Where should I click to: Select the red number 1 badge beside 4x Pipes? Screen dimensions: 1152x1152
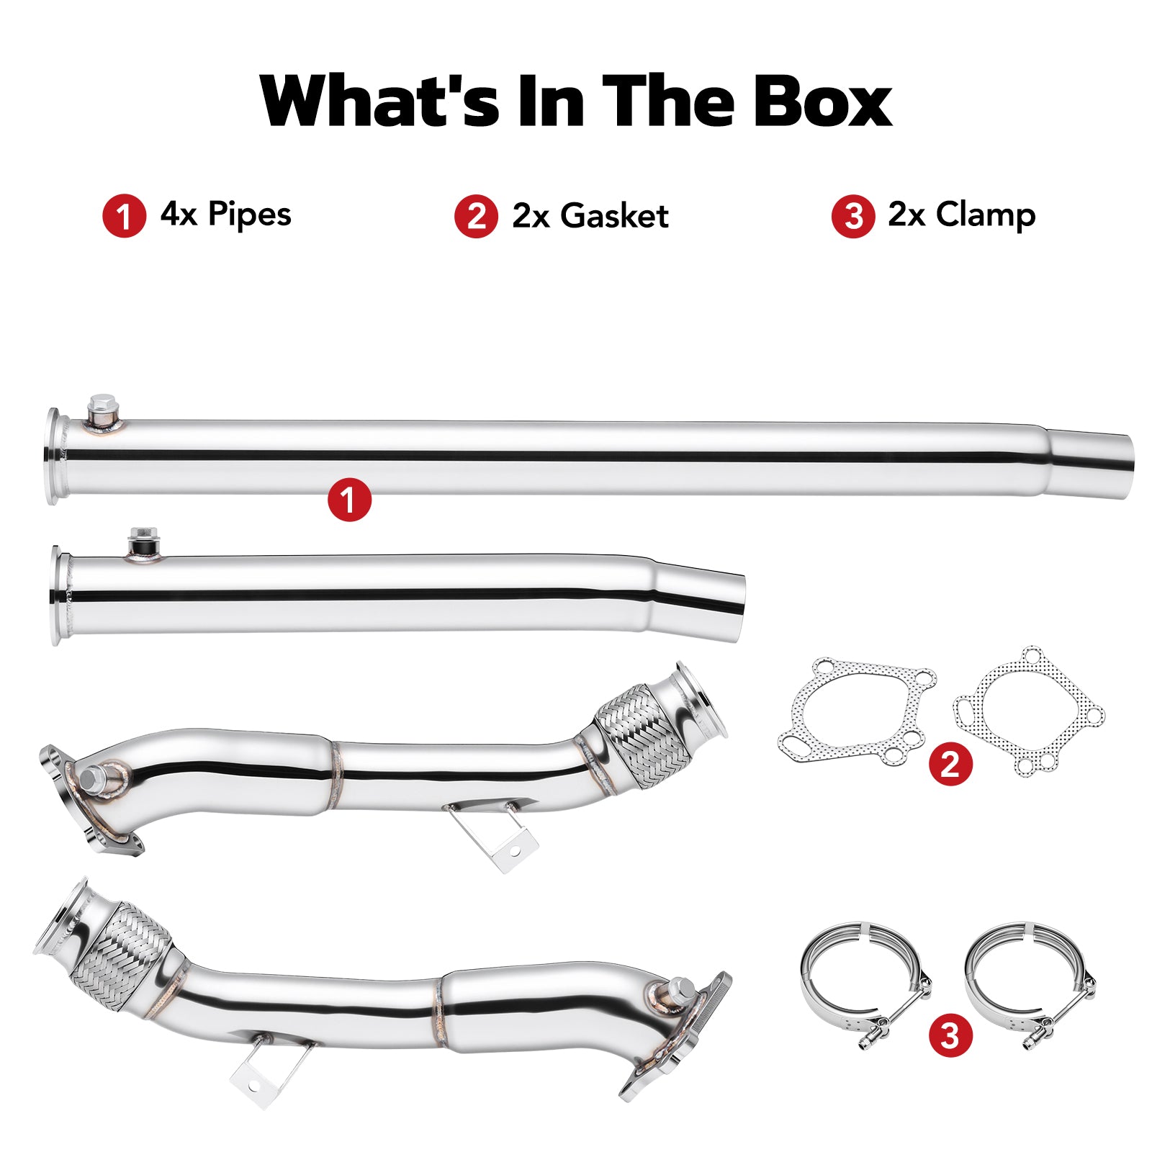click(124, 216)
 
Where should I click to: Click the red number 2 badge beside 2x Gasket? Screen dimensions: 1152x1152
click(476, 216)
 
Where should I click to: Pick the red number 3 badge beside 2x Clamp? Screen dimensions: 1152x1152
click(853, 216)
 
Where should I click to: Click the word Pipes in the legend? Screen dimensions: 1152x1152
click(250, 215)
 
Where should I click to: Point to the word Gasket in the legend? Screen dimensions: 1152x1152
click(614, 216)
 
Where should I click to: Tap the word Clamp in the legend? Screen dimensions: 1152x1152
click(986, 215)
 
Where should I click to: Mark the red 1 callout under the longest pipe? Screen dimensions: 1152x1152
click(349, 500)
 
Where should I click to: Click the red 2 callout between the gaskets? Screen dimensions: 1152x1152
click(950, 763)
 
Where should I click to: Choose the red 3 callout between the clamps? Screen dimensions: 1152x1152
click(950, 1036)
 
